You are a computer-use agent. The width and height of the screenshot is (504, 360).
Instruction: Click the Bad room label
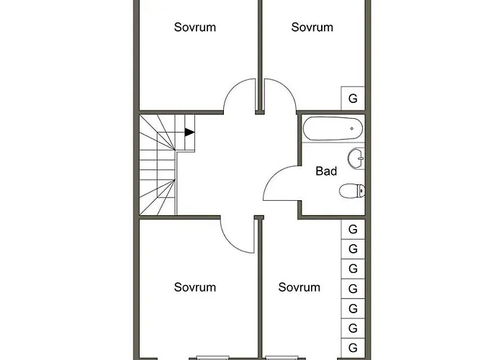(326, 171)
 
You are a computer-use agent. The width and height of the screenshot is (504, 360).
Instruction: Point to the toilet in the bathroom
(351, 192)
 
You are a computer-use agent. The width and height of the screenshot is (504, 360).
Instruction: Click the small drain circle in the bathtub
(351, 129)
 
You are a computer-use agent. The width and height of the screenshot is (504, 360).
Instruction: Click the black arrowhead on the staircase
(189, 132)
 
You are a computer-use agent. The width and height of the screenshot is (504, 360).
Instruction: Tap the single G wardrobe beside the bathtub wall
(353, 98)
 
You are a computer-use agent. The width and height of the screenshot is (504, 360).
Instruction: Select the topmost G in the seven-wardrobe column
(353, 229)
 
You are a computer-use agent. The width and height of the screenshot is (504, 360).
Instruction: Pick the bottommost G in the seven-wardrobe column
(353, 348)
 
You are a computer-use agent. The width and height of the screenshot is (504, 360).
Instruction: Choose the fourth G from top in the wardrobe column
(353, 289)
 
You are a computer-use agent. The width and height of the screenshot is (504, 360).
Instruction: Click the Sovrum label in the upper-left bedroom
(194, 27)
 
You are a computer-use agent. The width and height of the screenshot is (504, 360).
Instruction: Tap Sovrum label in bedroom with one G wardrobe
(312, 27)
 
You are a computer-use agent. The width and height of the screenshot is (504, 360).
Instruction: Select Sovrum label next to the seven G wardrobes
(300, 287)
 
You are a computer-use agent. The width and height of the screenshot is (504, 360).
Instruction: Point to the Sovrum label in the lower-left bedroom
(194, 287)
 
